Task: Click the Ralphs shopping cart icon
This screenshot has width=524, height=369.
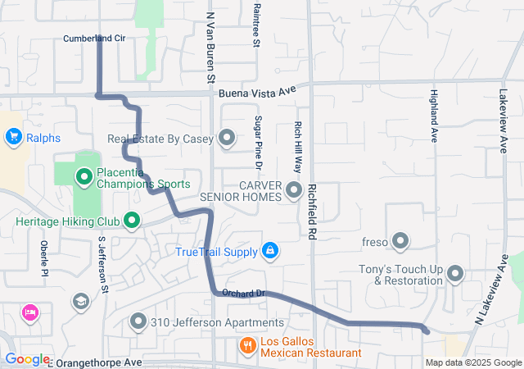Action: pyautogui.click(x=13, y=139)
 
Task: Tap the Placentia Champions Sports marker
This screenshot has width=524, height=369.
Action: pyautogui.click(x=84, y=176)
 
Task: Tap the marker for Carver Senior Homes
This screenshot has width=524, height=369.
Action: pyautogui.click(x=294, y=192)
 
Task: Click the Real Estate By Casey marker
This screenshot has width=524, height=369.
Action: pyautogui.click(x=227, y=139)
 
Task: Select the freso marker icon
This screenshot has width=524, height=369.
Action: pyautogui.click(x=400, y=241)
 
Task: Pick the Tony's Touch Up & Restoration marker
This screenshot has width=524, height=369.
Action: pyautogui.click(x=455, y=274)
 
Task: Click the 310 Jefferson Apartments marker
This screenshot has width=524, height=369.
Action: pyautogui.click(x=138, y=321)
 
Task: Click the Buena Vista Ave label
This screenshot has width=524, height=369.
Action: pyautogui.click(x=255, y=93)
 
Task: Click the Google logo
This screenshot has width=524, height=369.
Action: pyautogui.click(x=26, y=359)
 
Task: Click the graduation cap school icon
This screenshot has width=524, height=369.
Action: pyautogui.click(x=80, y=303)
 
